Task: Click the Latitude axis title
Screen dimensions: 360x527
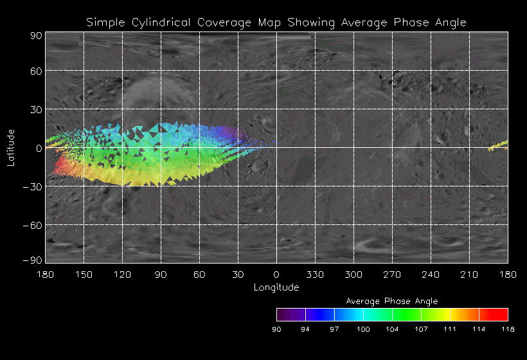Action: click(x=11, y=147)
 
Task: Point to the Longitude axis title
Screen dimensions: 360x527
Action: click(x=276, y=287)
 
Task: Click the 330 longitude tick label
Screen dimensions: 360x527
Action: click(x=315, y=274)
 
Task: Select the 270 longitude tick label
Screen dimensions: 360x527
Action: click(x=392, y=274)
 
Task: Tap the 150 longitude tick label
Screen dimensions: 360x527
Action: click(x=84, y=274)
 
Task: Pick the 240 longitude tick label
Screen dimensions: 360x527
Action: click(x=431, y=274)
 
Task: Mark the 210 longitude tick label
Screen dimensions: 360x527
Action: click(x=469, y=274)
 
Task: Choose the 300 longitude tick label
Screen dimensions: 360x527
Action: click(x=353, y=274)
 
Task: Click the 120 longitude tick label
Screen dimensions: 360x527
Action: click(x=122, y=274)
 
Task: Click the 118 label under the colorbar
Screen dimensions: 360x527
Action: click(x=508, y=330)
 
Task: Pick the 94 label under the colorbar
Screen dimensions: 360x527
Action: click(x=305, y=330)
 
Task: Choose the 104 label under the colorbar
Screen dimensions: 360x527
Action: click(x=392, y=330)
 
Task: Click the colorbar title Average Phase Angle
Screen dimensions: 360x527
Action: click(x=392, y=301)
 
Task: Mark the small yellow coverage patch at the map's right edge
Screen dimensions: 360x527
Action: click(x=498, y=145)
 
